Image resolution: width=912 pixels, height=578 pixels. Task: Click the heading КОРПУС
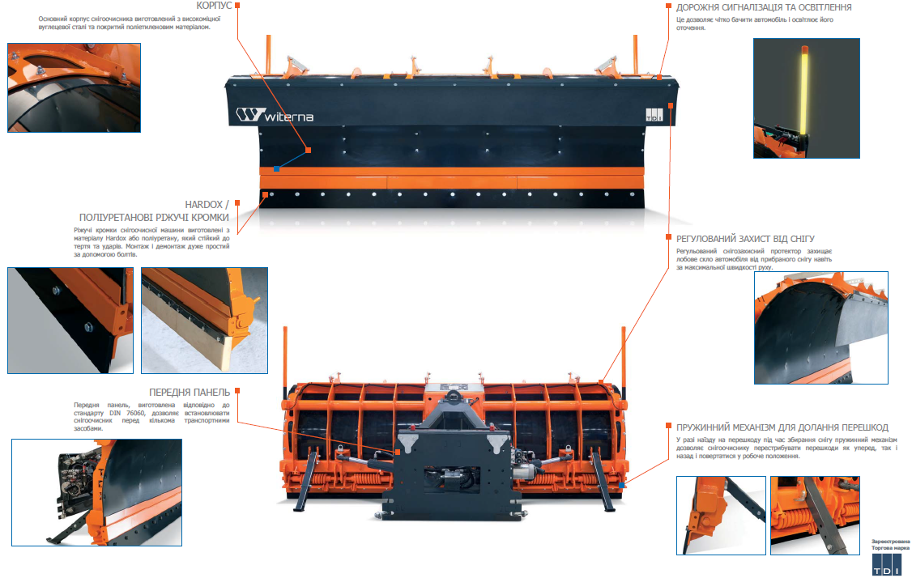click(214, 5)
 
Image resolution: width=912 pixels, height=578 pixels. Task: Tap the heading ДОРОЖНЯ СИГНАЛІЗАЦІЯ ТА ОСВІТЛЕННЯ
click(764, 7)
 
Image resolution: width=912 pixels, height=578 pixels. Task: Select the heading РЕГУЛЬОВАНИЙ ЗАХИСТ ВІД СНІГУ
click(745, 239)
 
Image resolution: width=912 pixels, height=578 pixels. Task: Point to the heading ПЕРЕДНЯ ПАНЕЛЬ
click(189, 393)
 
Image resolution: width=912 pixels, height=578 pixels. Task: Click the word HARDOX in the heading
click(203, 205)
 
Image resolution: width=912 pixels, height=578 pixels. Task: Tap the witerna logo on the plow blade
click(275, 115)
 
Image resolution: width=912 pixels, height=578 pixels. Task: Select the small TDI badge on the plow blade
click(654, 115)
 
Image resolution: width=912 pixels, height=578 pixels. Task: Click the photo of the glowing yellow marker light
click(806, 98)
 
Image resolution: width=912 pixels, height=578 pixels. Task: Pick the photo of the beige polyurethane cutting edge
click(204, 321)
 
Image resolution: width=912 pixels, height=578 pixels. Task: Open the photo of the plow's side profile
click(96, 492)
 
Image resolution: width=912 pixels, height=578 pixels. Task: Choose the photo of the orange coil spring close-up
click(815, 516)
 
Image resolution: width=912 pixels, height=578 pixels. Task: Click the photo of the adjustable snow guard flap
click(821, 328)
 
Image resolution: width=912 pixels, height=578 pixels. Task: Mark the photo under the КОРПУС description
click(74, 87)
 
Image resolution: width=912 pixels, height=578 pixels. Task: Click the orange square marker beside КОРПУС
click(237, 5)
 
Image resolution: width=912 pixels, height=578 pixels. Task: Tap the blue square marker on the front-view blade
click(277, 169)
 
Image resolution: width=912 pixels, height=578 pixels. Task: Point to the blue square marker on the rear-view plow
click(622, 485)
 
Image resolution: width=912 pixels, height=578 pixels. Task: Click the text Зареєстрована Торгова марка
click(890, 545)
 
